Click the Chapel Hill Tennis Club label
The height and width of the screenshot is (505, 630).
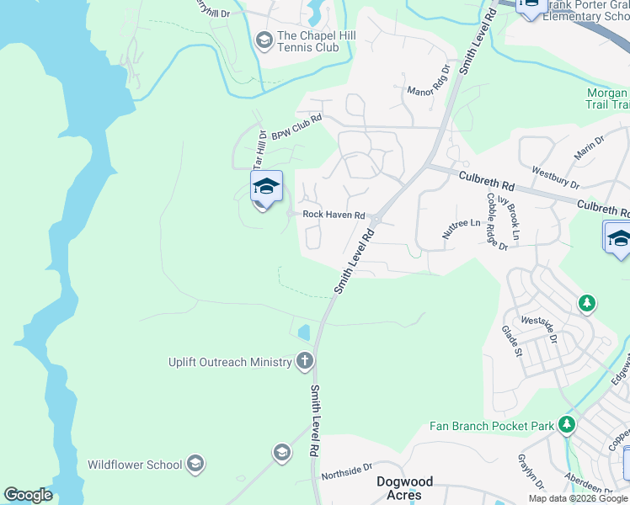[308, 41]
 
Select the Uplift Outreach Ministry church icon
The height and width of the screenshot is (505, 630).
[305, 362]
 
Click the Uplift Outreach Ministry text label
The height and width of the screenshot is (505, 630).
[229, 362]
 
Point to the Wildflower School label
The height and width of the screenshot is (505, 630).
[135, 464]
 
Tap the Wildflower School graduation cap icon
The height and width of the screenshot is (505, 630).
[195, 464]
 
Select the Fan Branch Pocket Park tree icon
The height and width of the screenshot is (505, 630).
[569, 425]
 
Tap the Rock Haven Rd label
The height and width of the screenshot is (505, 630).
[334, 215]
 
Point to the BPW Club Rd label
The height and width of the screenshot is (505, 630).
[296, 127]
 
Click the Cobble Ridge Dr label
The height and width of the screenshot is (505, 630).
[497, 221]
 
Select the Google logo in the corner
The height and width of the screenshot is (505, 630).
[28, 495]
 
